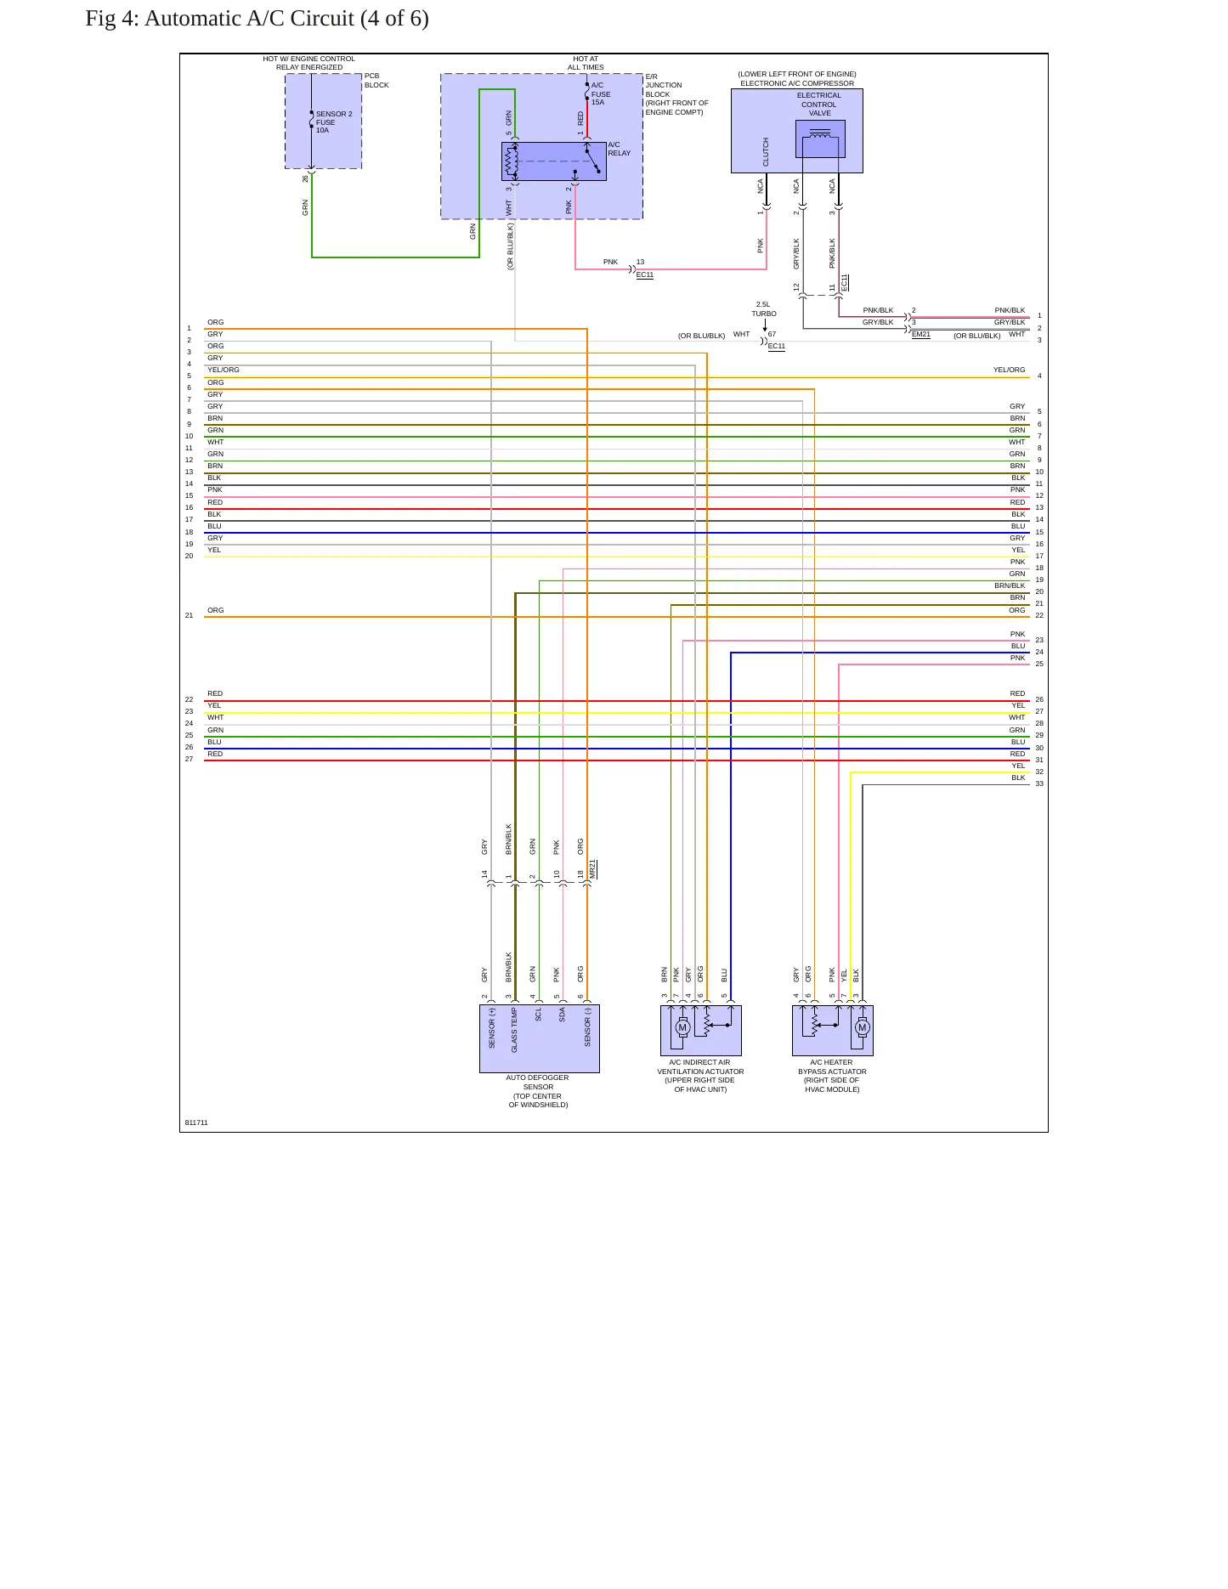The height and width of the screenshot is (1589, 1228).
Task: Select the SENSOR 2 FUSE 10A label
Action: coord(334,122)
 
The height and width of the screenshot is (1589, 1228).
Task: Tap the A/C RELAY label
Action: coord(620,149)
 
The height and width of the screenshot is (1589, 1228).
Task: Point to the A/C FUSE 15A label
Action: coord(601,93)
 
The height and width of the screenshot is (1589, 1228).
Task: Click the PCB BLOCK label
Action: coord(376,81)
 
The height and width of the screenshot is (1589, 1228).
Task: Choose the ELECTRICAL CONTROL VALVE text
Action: coord(819,105)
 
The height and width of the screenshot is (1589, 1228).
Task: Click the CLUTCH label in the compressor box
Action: coord(766,152)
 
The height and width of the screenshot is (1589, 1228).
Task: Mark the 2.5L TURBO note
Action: coord(764,308)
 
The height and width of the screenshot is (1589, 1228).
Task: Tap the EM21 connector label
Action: coord(921,335)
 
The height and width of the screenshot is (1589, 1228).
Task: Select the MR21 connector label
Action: coord(593,869)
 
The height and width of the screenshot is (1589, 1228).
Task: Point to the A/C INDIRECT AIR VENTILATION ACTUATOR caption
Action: coord(700,1076)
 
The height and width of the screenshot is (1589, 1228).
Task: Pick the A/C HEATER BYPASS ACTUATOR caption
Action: coord(832,1076)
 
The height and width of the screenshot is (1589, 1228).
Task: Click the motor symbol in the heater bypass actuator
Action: coord(863,1027)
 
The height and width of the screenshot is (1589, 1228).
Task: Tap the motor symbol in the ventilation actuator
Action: coord(682,1027)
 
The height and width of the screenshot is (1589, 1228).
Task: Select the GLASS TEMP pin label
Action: coord(514,1031)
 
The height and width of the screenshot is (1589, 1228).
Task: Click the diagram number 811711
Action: coord(196,1122)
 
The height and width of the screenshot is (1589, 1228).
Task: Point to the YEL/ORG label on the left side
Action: coord(224,370)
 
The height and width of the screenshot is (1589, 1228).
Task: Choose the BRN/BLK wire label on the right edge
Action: coord(1010,585)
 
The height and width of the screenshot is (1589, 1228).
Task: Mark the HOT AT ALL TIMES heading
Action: coord(586,63)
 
